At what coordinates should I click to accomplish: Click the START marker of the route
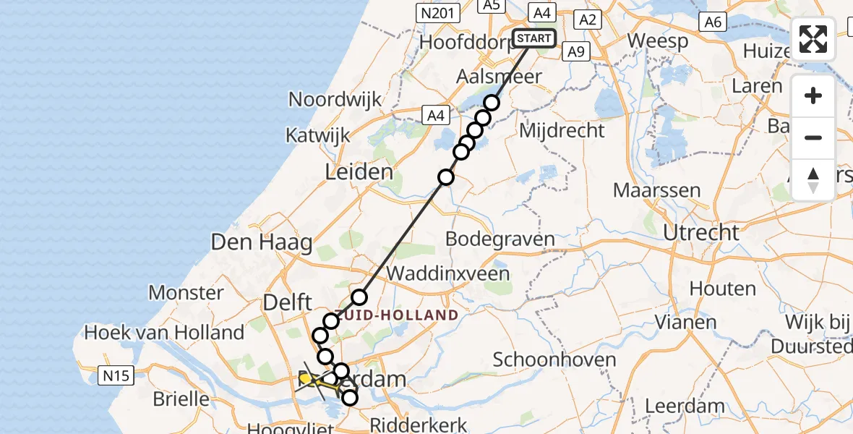534,38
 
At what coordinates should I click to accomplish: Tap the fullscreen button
813,38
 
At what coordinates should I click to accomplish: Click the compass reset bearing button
813,180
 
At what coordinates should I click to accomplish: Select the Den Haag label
261,242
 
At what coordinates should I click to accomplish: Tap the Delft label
288,302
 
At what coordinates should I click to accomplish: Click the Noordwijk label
335,98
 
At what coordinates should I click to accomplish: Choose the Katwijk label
317,135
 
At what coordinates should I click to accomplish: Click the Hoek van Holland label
164,333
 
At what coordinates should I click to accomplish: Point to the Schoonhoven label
554,359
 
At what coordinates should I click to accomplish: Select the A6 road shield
713,22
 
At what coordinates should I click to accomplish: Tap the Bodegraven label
500,239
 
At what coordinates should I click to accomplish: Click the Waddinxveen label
448,274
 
